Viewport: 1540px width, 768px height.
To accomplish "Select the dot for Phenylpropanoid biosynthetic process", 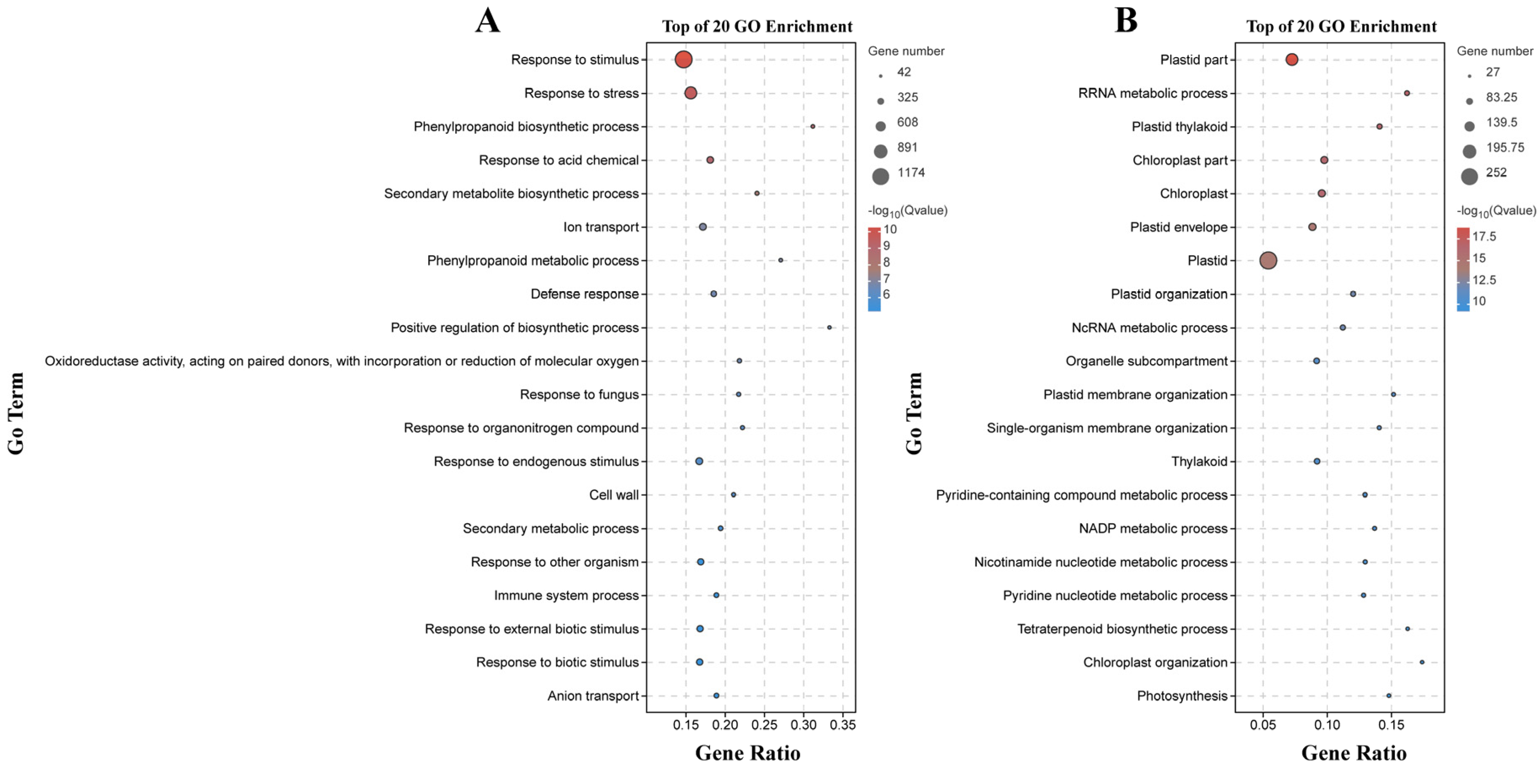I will [x=812, y=127].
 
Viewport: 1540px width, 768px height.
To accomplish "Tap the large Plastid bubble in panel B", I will [x=1268, y=261].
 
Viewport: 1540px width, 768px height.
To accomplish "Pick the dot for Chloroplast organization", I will [x=1422, y=662].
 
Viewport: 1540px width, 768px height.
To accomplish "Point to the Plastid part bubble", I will [x=1291, y=60].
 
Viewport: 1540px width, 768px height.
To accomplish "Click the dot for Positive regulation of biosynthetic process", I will [x=829, y=328].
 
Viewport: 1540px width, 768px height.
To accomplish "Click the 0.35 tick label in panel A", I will [x=843, y=725].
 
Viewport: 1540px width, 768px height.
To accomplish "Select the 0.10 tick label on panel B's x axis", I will [x=1327, y=725].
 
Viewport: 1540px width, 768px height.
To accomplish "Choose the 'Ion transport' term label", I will [x=601, y=227].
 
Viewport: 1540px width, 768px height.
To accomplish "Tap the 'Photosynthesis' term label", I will [x=1182, y=696].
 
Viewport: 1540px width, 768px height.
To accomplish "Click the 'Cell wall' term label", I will [x=614, y=495].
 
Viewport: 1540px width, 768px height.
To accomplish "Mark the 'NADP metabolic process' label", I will [x=1153, y=528].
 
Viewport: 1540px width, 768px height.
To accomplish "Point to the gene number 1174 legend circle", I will [x=880, y=176].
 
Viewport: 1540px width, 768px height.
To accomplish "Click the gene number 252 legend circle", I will [x=1469, y=176].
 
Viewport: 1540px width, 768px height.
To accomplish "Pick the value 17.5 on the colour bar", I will [x=1484, y=237].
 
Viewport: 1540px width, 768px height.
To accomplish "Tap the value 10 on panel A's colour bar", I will [x=890, y=230].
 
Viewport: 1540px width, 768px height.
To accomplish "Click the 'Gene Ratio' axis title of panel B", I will [x=1354, y=752].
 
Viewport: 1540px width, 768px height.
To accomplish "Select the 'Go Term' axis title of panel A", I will [x=16, y=413].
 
